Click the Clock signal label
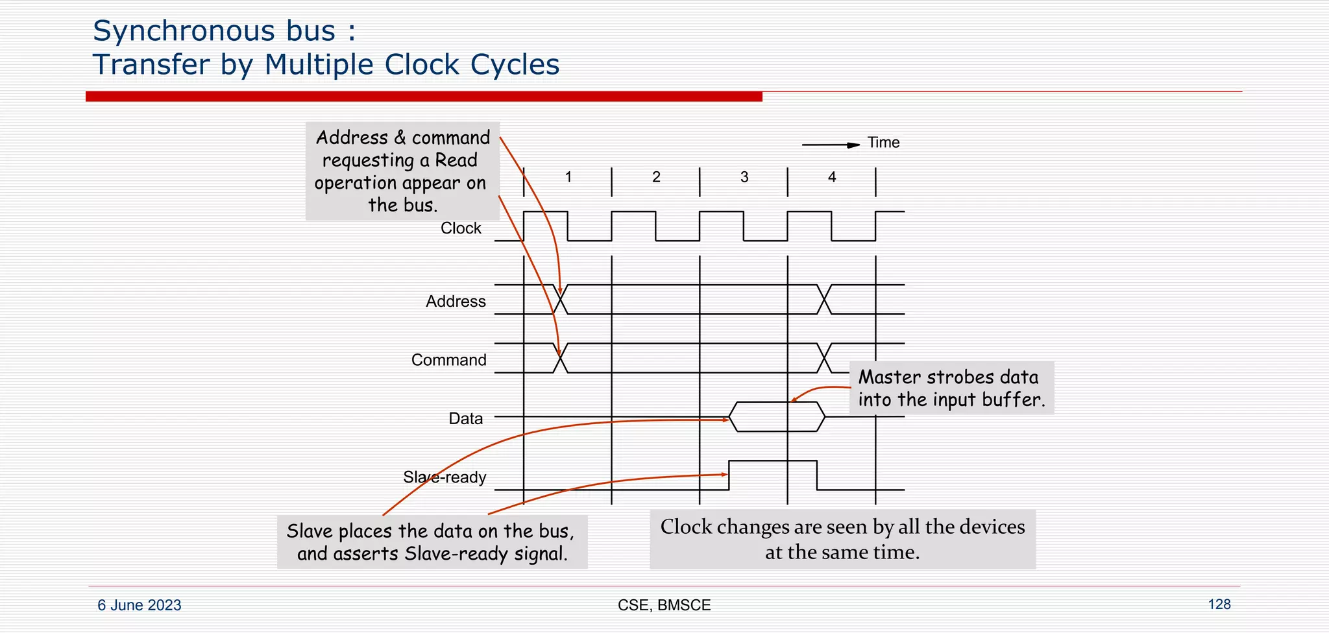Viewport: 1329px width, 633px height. pos(461,228)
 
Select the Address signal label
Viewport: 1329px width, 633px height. pos(456,302)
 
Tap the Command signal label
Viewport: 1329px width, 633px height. pos(448,360)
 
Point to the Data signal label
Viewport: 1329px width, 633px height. pos(465,418)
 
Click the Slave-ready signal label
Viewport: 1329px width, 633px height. pos(445,477)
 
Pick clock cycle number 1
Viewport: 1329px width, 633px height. pos(568,177)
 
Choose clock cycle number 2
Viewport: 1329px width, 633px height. pos(656,177)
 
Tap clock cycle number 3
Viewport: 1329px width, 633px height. pos(744,177)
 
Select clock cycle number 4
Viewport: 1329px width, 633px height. pos(832,177)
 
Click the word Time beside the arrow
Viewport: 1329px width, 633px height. pos(883,143)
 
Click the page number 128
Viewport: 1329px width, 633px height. pos(1219,604)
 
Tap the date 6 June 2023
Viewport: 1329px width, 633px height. pos(140,605)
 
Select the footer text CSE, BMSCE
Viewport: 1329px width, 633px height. pos(664,605)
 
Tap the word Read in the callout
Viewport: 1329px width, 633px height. pos(456,160)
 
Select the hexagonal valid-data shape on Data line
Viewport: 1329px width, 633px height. pos(777,416)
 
